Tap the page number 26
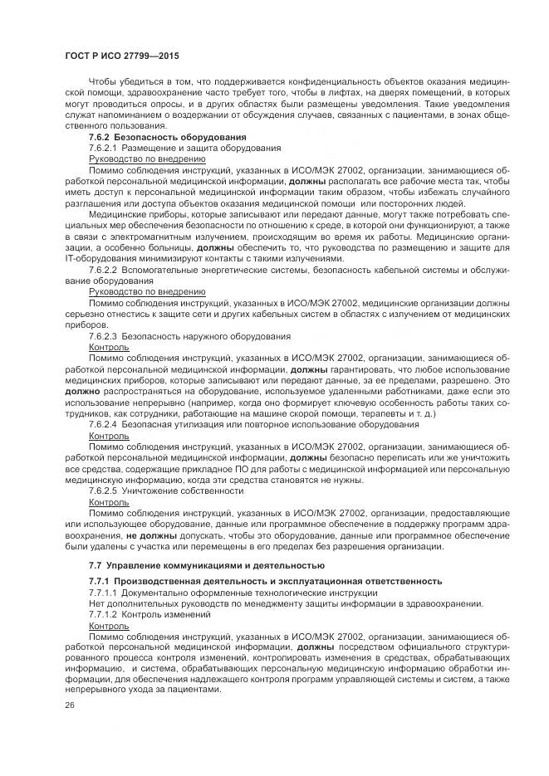tap(70, 705)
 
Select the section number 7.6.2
tap(99, 136)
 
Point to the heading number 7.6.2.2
tap(102, 271)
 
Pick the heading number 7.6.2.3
tap(102, 336)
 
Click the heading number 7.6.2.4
tap(102, 424)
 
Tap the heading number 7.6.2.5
tap(102, 490)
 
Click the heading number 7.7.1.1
tap(102, 592)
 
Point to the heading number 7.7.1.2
tap(102, 613)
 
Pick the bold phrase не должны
tap(145, 535)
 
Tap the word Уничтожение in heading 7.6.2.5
tap(147, 490)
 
